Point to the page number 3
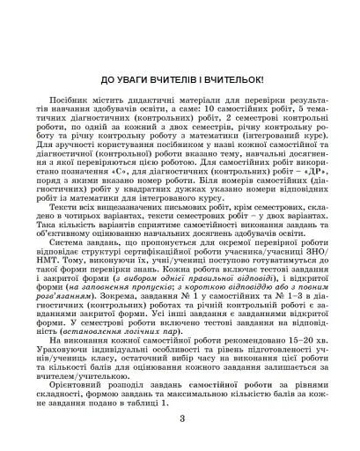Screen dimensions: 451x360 [180, 415]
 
